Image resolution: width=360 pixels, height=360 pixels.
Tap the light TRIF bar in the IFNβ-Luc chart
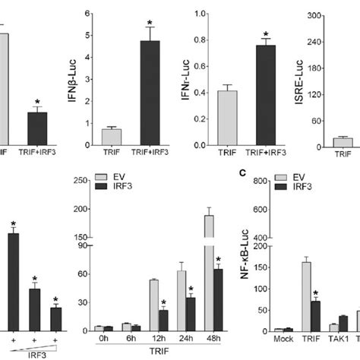112,137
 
